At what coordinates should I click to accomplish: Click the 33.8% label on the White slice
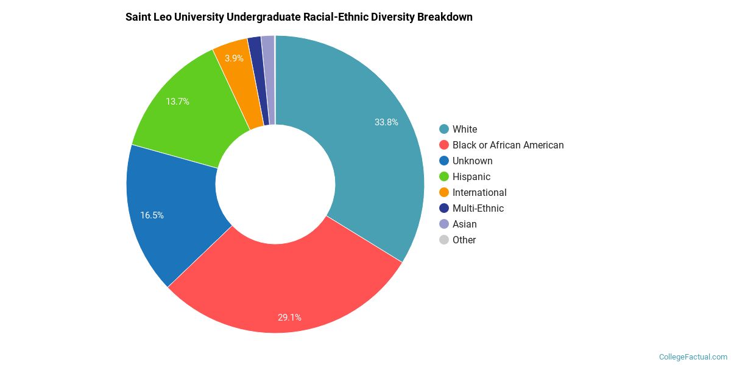[386, 122]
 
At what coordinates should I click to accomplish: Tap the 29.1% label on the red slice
[289, 317]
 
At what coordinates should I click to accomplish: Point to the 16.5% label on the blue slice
[152, 215]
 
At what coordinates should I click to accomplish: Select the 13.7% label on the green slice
[177, 102]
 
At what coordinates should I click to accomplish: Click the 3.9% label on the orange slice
[234, 58]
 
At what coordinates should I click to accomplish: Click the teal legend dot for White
[443, 129]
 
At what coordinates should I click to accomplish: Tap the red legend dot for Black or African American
[443, 145]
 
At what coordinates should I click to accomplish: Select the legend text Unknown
[472, 161]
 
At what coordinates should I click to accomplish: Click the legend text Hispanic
[471, 176]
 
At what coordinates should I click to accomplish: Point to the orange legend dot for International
[443, 192]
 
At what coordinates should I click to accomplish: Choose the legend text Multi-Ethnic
[478, 208]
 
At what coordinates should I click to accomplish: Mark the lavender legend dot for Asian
[443, 224]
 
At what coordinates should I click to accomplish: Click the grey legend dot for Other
[443, 240]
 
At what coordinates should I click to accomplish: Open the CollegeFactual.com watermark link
[693, 357]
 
